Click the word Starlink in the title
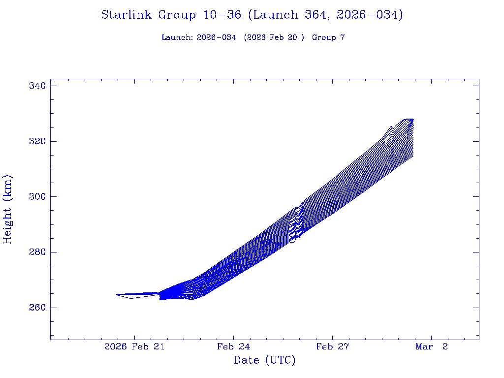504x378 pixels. (x=127, y=15)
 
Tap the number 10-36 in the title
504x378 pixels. (x=222, y=15)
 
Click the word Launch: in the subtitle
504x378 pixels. (x=177, y=37)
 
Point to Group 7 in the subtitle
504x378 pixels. (x=328, y=37)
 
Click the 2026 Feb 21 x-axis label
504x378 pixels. (x=134, y=346)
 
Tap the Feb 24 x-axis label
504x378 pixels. (x=233, y=346)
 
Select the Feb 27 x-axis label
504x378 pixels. (x=332, y=346)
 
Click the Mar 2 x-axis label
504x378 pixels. (x=432, y=346)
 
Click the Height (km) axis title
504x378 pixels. (x=8, y=209)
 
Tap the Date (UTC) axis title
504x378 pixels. (x=265, y=360)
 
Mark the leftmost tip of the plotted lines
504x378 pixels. (x=117, y=294)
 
